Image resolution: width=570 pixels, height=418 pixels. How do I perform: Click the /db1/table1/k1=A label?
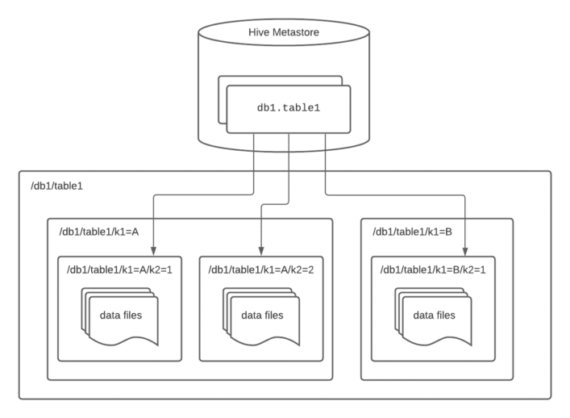(x=99, y=232)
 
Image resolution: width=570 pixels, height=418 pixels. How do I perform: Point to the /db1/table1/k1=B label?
(x=414, y=232)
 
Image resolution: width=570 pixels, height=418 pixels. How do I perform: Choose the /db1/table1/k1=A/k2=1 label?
(x=120, y=270)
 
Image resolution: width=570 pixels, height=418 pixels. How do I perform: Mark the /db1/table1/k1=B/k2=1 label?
(x=431, y=270)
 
